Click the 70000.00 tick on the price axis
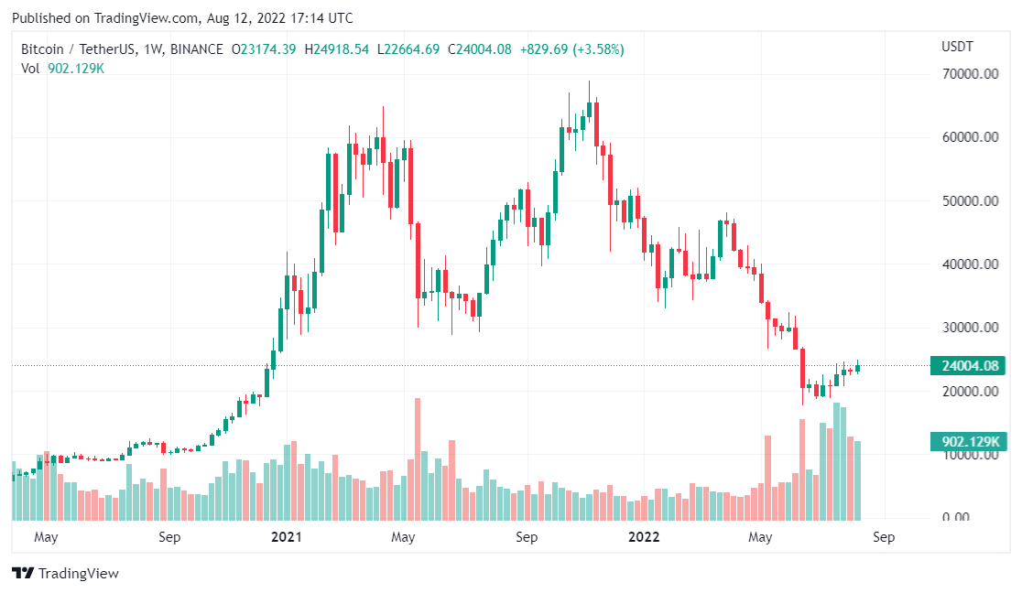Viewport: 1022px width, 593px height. pos(970,74)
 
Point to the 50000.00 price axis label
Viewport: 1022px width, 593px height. pos(970,200)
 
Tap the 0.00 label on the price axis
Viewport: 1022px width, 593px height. pos(981,517)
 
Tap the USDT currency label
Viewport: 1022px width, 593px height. pos(957,47)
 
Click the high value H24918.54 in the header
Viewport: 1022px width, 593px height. pos(336,49)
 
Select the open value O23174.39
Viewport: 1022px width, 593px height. pos(263,49)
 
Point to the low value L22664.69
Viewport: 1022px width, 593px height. pos(408,49)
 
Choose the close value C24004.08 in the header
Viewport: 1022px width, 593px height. pos(479,49)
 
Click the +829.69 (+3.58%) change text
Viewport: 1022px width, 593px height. pos(571,49)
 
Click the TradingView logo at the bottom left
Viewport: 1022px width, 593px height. pos(66,574)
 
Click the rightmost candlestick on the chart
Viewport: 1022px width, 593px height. pos(858,368)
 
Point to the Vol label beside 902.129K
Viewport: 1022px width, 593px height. pos(31,68)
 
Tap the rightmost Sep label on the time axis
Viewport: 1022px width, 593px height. pos(883,537)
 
